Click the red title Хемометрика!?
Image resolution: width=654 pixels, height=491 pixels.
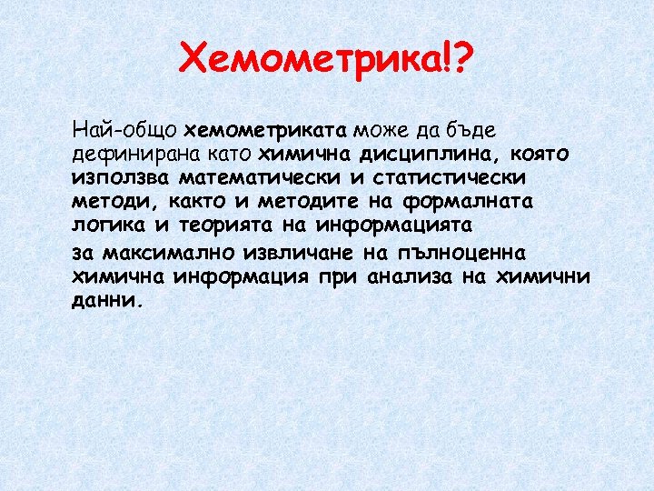326,62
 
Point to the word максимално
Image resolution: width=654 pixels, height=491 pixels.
155,252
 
